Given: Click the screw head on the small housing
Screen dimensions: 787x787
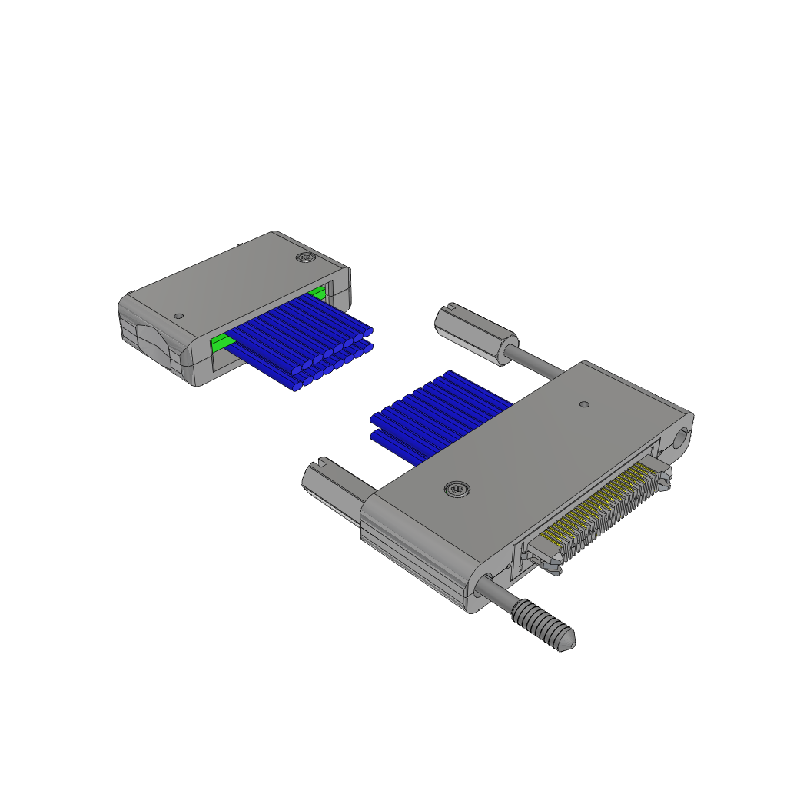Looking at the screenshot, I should point(305,257).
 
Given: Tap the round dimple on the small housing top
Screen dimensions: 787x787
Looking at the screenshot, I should point(179,315).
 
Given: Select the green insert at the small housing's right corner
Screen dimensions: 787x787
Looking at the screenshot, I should point(317,292).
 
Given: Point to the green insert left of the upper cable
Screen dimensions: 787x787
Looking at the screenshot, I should point(222,344).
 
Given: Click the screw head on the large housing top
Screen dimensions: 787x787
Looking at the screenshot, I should point(457,489).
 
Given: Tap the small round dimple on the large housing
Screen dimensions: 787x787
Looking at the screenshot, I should point(584,403).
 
